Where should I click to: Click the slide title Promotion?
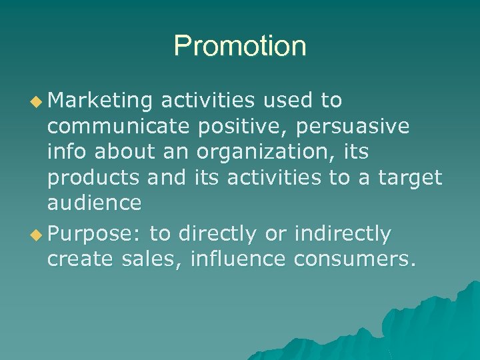coord(240,47)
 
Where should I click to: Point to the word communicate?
coord(118,127)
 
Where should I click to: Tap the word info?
coord(67,152)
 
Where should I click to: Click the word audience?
coord(94,203)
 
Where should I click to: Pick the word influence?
coord(237,259)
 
